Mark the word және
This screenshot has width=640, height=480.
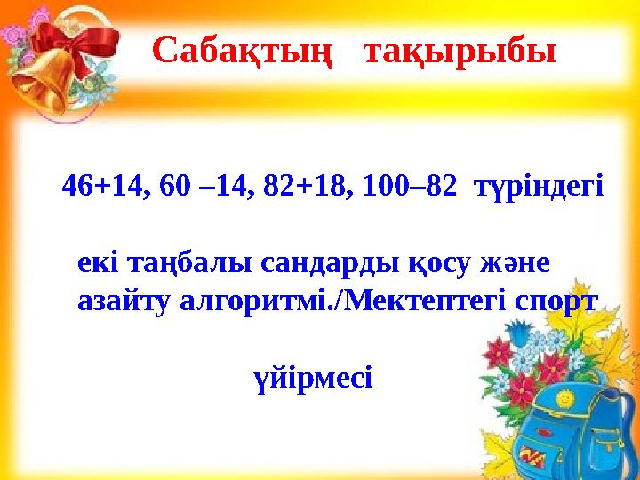[x=515, y=264]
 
